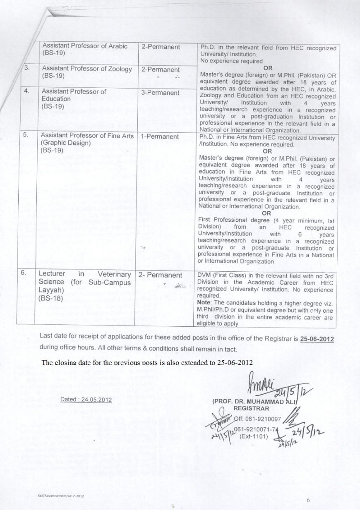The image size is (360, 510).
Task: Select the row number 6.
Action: [24, 273]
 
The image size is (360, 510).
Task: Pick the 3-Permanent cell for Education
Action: [160, 93]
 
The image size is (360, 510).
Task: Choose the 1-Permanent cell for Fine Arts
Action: [160, 136]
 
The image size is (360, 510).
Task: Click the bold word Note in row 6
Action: [206, 303]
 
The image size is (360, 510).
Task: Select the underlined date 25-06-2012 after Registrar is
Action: [317, 338]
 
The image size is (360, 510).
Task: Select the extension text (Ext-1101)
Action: [255, 437]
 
